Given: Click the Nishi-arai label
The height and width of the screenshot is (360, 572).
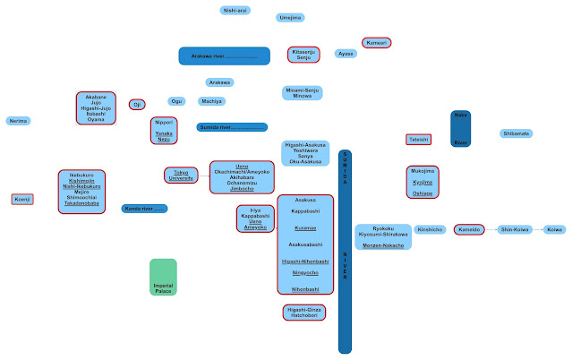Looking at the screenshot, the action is coord(235,10).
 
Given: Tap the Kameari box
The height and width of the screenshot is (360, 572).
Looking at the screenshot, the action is coord(376,42).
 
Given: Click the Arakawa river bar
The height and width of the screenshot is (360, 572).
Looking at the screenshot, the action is coord(224,56).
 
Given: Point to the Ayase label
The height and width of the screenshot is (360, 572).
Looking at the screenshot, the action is coord(346,54).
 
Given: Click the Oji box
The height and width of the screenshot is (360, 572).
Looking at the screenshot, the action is coord(137,105).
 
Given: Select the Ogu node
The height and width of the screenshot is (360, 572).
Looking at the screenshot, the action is coord(177,101).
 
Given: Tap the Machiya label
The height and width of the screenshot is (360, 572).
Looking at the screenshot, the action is coord(212,101).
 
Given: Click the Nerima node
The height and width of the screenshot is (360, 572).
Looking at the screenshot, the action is coord(17,120).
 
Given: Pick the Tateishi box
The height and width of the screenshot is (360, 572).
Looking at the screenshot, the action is coord(419,140).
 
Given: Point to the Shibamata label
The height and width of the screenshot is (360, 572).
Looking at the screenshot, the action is coord(516,133).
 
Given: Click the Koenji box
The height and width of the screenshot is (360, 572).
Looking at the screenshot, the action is coord(22,199).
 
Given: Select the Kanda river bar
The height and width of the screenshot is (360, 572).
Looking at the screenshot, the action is coord(144,209).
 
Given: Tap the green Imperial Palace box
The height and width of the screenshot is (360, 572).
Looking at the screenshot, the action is coord(163,277).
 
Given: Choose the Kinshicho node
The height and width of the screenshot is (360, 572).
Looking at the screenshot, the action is coord(431,230).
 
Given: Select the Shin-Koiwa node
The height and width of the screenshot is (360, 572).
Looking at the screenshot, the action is coord(516,230).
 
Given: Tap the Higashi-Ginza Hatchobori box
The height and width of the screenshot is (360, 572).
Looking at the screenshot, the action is coord(303,313).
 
